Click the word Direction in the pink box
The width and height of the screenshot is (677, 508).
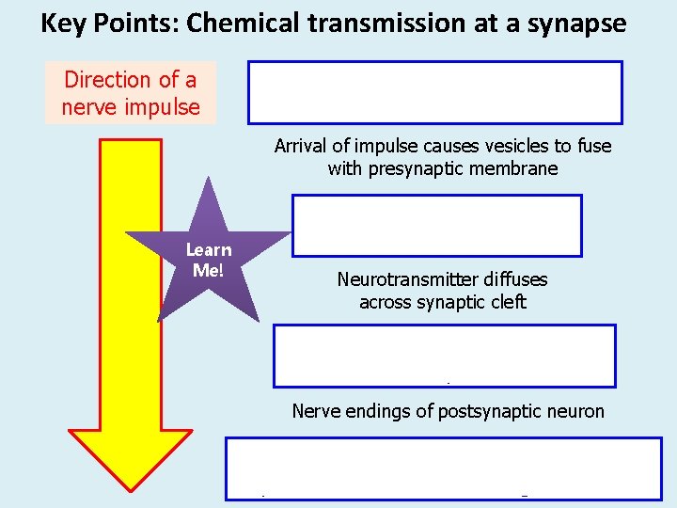(x=105, y=81)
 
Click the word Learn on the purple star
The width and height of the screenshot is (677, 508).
(x=209, y=250)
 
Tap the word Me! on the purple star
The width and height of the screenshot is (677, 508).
(x=208, y=270)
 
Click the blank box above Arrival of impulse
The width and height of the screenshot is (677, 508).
(x=434, y=92)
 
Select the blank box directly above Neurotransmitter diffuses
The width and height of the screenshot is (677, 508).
(x=436, y=226)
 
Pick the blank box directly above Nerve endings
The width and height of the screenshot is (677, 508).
(x=444, y=356)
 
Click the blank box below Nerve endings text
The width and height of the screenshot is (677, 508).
(x=442, y=468)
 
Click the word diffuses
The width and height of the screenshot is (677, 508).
(x=516, y=279)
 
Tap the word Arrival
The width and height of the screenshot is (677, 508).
(x=303, y=146)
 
